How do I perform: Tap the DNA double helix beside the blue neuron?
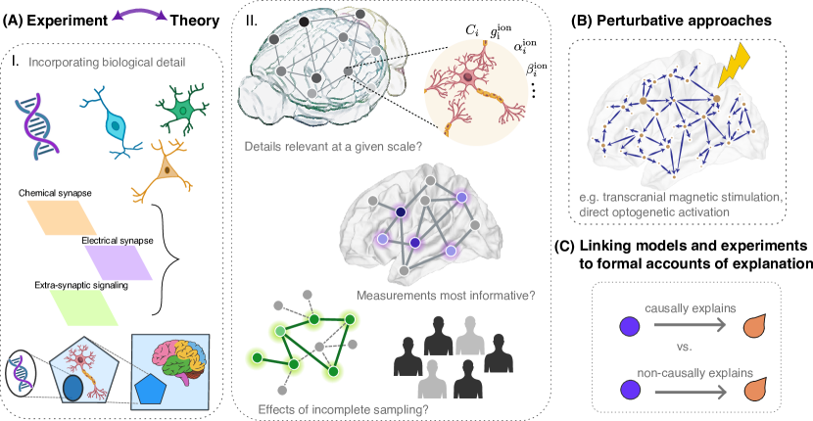pyautogui.click(x=36, y=125)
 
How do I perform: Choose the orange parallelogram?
pyautogui.click(x=62, y=217)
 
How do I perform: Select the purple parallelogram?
pyautogui.click(x=120, y=261)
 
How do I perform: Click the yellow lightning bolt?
pyautogui.click(x=736, y=67)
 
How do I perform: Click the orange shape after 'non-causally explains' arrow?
pyautogui.click(x=755, y=392)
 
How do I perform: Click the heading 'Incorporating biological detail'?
pyautogui.click(x=109, y=64)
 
